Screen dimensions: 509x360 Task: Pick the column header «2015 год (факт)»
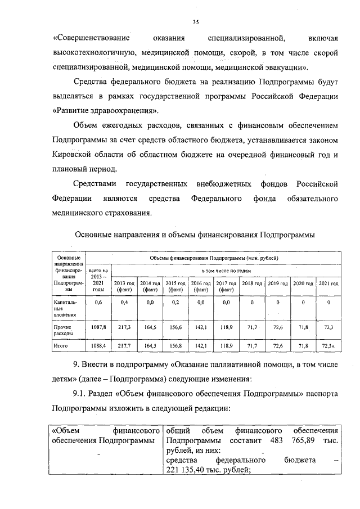coord(175,286)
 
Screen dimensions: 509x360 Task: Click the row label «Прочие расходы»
coord(62,330)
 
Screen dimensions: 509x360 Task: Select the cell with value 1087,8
coord(98,327)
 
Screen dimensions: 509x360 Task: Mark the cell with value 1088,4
coord(98,346)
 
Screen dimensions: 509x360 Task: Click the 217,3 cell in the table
coord(124,327)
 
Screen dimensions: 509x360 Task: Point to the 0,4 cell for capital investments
coord(124,303)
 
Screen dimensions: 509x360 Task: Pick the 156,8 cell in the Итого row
coord(175,346)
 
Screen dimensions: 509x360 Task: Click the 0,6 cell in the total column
coord(98,303)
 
